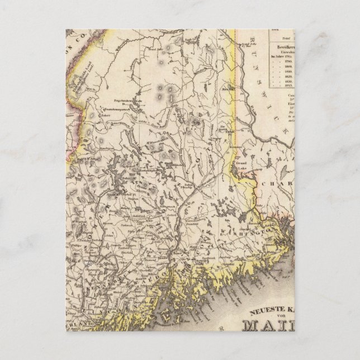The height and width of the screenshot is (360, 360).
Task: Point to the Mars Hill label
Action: (227, 87)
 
